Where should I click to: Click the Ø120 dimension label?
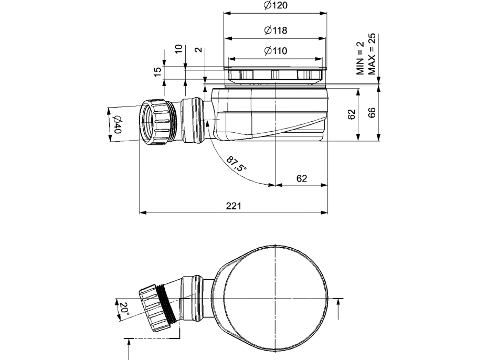275,6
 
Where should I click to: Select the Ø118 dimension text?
275,30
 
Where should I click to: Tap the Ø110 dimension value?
275,51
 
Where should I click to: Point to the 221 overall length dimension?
234,206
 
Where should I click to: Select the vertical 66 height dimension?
372,113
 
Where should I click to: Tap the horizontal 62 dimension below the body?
302,178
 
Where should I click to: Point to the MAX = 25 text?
372,54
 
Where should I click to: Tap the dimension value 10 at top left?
178,49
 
